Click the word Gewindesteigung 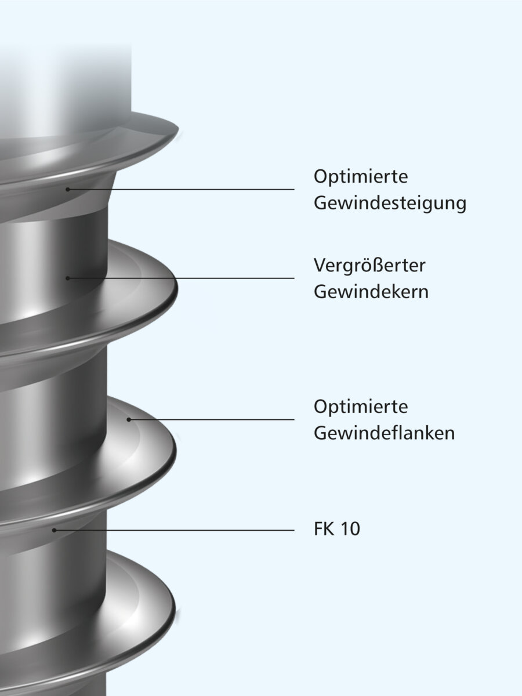390,204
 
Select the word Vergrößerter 370,266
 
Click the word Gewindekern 371,291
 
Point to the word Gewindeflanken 384,433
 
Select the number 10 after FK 350,530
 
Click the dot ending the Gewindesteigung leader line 68,189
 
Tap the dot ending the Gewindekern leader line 68,278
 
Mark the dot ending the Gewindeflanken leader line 129,419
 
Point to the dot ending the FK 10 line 54,530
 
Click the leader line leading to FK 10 174,530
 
